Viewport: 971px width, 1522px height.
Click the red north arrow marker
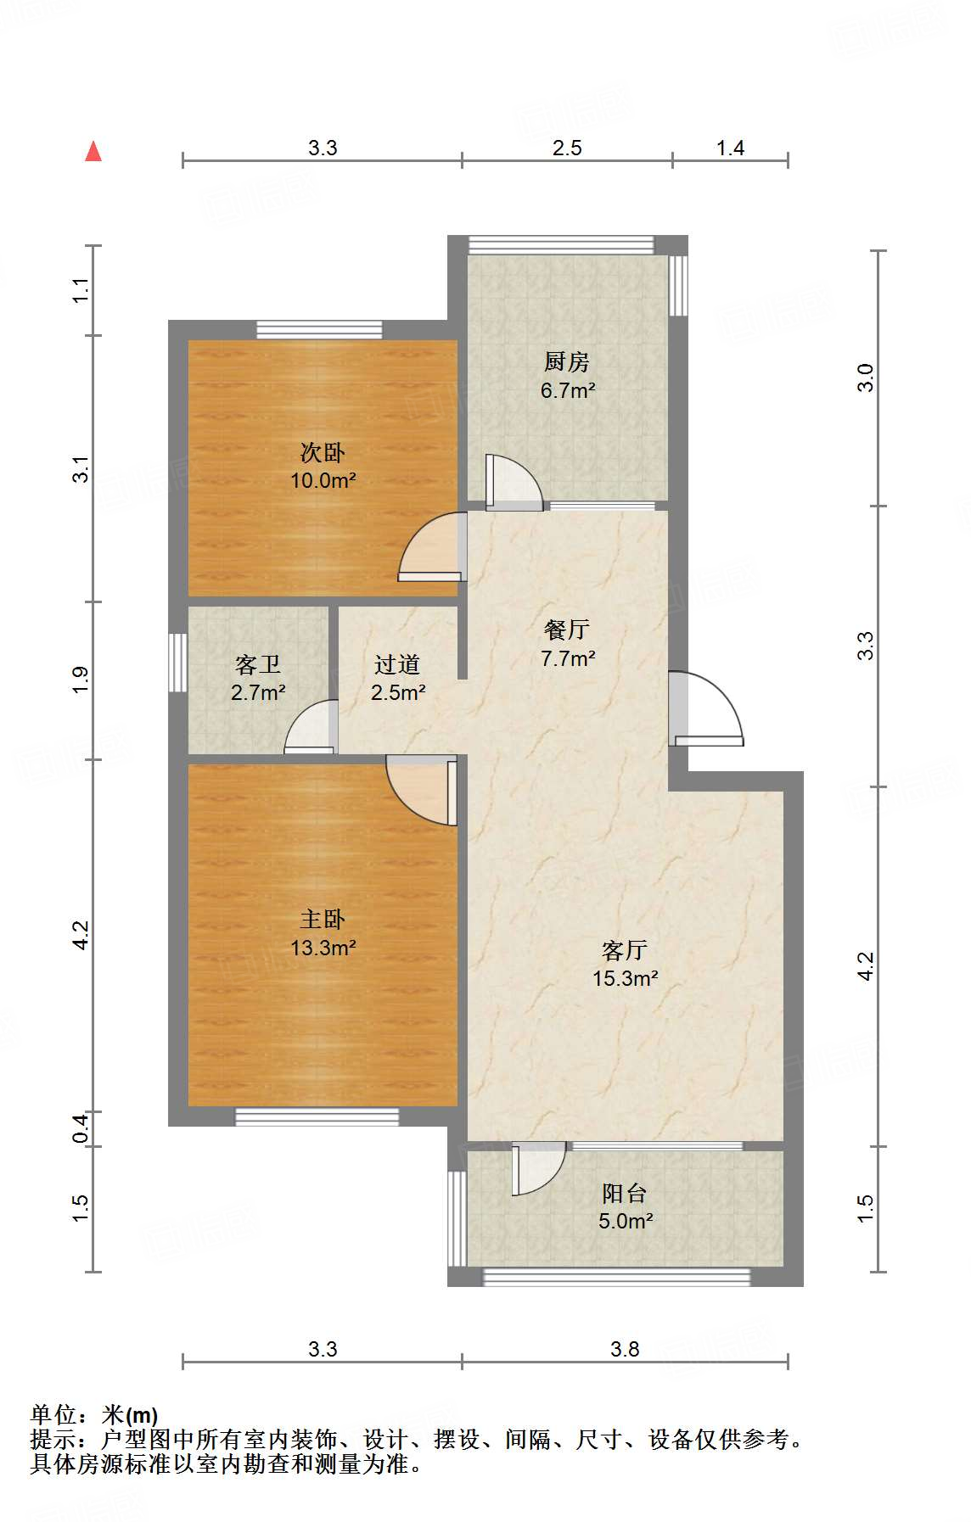coord(93,152)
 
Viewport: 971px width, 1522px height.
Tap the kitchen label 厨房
coord(566,361)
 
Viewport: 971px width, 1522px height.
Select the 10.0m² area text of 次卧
coord(323,480)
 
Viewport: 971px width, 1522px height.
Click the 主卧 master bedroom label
coord(323,919)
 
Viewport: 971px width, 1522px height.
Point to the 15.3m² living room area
coord(625,978)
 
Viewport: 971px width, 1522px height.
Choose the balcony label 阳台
coord(625,1193)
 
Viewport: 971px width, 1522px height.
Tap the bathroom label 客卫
coord(257,664)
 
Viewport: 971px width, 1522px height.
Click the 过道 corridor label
coord(397,664)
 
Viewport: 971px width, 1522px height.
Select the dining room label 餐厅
coord(566,630)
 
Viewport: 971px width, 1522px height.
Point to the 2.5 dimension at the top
coord(566,148)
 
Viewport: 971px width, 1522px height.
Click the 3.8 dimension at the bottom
coord(625,1349)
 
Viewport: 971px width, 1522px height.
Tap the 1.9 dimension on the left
coord(81,680)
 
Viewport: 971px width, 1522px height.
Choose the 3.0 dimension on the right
coord(865,378)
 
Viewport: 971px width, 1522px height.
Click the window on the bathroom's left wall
coord(177,663)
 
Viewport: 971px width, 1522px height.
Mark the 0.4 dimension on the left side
coord(81,1128)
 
